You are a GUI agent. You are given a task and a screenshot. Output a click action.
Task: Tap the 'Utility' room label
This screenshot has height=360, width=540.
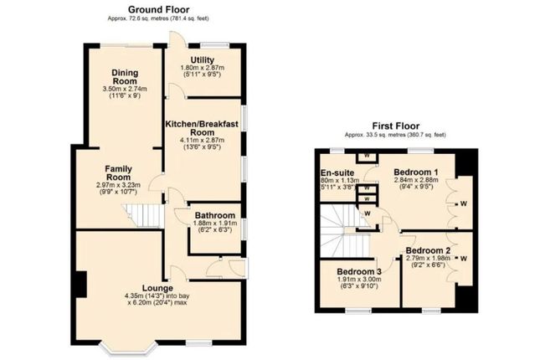[203, 59]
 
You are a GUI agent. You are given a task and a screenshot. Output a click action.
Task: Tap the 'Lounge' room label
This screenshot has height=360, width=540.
[157, 288]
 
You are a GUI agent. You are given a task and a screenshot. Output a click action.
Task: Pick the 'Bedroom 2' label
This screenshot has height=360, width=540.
[428, 250]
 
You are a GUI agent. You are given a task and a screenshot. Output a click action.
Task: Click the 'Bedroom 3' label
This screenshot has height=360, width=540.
[360, 272]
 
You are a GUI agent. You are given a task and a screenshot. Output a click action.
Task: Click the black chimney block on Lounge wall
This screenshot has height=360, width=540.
[80, 284]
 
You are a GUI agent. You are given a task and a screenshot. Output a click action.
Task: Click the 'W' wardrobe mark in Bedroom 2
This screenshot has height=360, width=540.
[463, 258]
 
